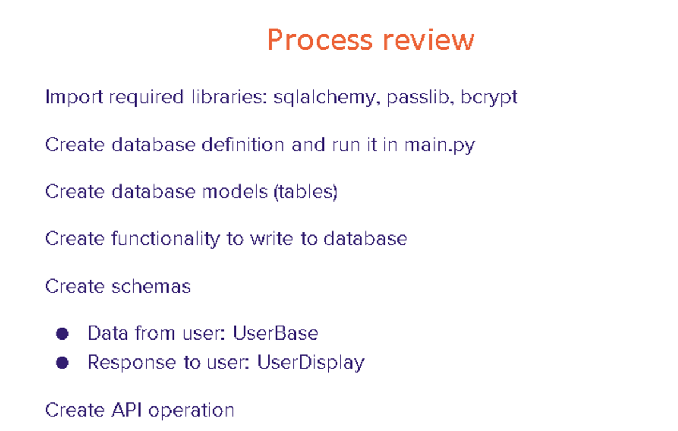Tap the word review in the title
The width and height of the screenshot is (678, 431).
[x=429, y=40]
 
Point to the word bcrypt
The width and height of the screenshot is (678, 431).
[x=489, y=98]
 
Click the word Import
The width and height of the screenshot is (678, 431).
[x=74, y=98]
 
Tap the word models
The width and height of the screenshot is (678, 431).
[x=235, y=191]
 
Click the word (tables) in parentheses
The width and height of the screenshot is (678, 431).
[x=305, y=192]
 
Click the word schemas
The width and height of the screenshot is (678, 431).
[x=151, y=286]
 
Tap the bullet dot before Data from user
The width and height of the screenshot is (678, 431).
[x=62, y=334]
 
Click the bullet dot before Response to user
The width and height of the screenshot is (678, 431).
[x=62, y=363]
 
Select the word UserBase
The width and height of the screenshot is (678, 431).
[x=276, y=333]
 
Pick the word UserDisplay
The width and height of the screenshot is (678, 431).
[x=311, y=363]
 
